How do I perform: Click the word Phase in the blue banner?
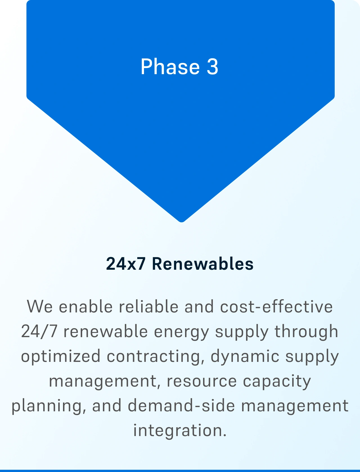170,67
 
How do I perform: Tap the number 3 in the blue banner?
213,67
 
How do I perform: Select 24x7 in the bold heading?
126,264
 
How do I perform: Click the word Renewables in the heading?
203,264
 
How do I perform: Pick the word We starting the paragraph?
40,307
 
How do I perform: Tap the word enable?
86,306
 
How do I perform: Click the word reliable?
148,306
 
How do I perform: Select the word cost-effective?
276,306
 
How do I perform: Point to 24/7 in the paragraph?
39,331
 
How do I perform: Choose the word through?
306,331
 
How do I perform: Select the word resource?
202,381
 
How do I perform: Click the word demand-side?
181,405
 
